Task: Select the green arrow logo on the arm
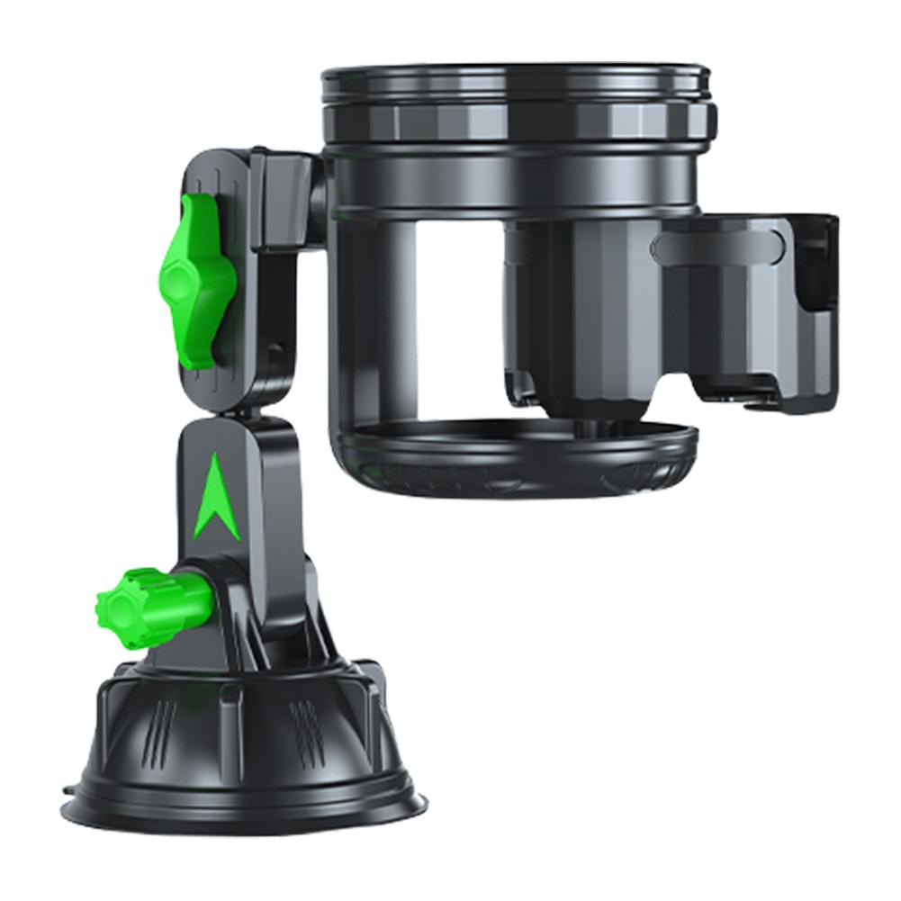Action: [x=219, y=500]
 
